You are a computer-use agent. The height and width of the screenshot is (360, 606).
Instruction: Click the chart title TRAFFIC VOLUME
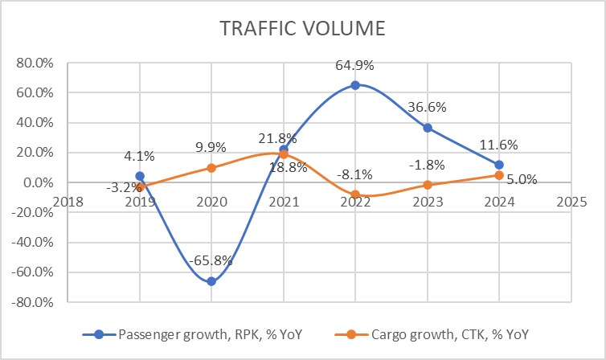pos(303,30)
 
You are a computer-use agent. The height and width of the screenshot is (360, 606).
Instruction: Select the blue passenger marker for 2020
pos(211,281)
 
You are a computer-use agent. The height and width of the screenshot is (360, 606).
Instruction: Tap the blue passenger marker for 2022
pos(355,84)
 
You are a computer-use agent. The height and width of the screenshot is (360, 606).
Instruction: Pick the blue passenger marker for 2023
pos(427,128)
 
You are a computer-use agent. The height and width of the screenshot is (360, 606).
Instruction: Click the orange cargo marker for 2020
pos(211,168)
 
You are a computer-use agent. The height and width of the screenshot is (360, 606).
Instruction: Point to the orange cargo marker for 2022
pos(355,194)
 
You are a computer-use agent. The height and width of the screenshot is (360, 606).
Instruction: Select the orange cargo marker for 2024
pos(499,175)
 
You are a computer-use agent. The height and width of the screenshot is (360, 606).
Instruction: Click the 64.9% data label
pos(355,66)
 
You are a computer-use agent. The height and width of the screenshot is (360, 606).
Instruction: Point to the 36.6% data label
pos(428,108)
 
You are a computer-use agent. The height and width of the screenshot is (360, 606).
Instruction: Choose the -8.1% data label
pos(355,174)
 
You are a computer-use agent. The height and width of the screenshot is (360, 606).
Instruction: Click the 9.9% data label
pos(212,148)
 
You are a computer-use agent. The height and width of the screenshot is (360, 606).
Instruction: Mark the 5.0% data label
pos(522,180)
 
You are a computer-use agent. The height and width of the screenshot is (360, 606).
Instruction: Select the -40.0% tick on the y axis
pos(31,243)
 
